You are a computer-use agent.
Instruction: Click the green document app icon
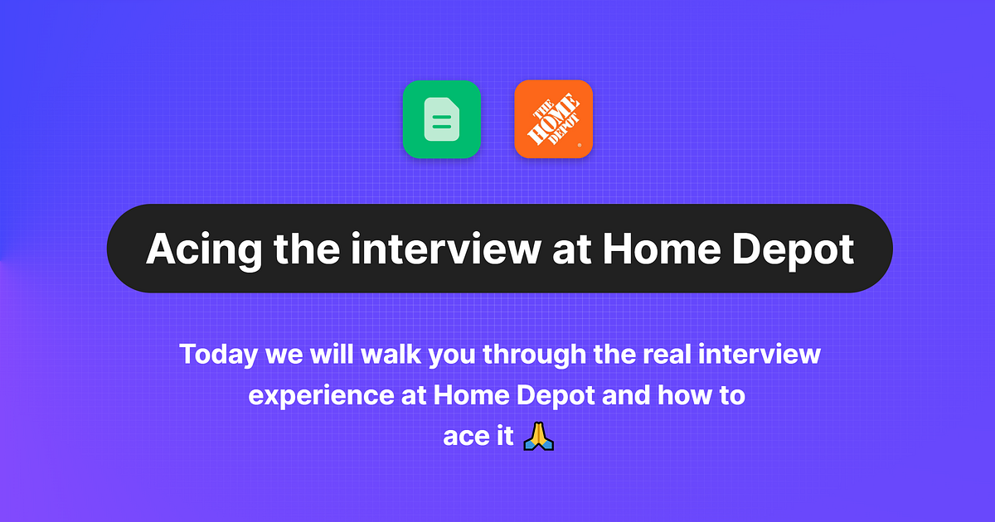(x=441, y=119)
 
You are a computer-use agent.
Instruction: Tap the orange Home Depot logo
(x=553, y=119)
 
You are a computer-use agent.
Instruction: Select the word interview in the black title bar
(x=444, y=248)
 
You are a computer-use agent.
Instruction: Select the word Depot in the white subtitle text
(x=556, y=396)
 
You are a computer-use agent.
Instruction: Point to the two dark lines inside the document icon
(x=441, y=123)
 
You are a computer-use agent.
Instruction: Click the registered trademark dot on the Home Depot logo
(x=579, y=145)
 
